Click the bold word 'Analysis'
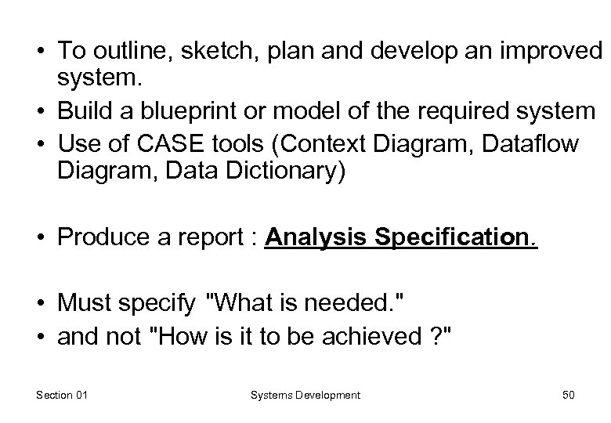pyautogui.click(x=315, y=236)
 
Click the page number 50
pyautogui.click(x=568, y=395)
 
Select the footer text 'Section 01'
pyautogui.click(x=61, y=395)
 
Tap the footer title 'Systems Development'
pyautogui.click(x=305, y=395)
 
